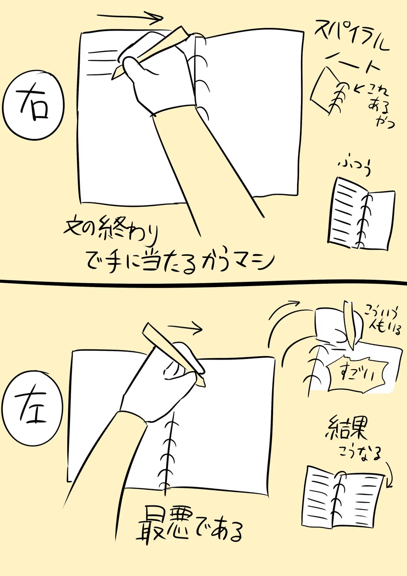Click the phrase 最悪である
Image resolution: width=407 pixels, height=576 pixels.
point(190,528)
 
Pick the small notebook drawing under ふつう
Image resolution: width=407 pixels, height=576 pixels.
point(362,214)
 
